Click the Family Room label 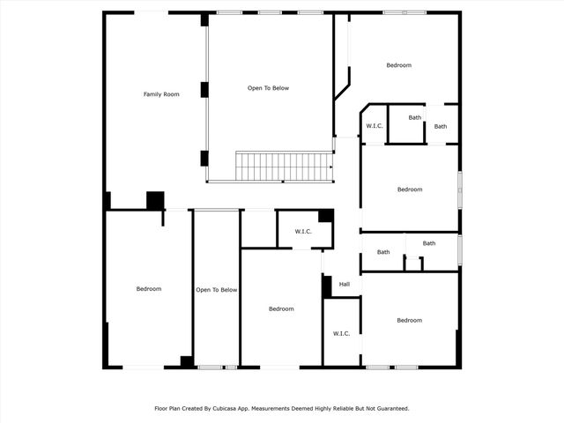point(161,94)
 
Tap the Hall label point(344,284)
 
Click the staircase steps point(283,167)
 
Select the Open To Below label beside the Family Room point(268,88)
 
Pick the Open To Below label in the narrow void point(216,290)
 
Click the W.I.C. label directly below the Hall point(342,333)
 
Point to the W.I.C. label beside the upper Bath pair point(375,127)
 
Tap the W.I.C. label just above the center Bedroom point(303,232)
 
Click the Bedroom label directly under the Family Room point(148,289)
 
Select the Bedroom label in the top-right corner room point(398,65)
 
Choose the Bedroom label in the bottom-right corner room point(409,320)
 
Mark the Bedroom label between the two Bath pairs point(410,189)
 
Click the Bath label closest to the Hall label point(383,253)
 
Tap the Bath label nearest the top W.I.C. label point(415,117)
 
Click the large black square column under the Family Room point(155,200)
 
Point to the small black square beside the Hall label point(326,286)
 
